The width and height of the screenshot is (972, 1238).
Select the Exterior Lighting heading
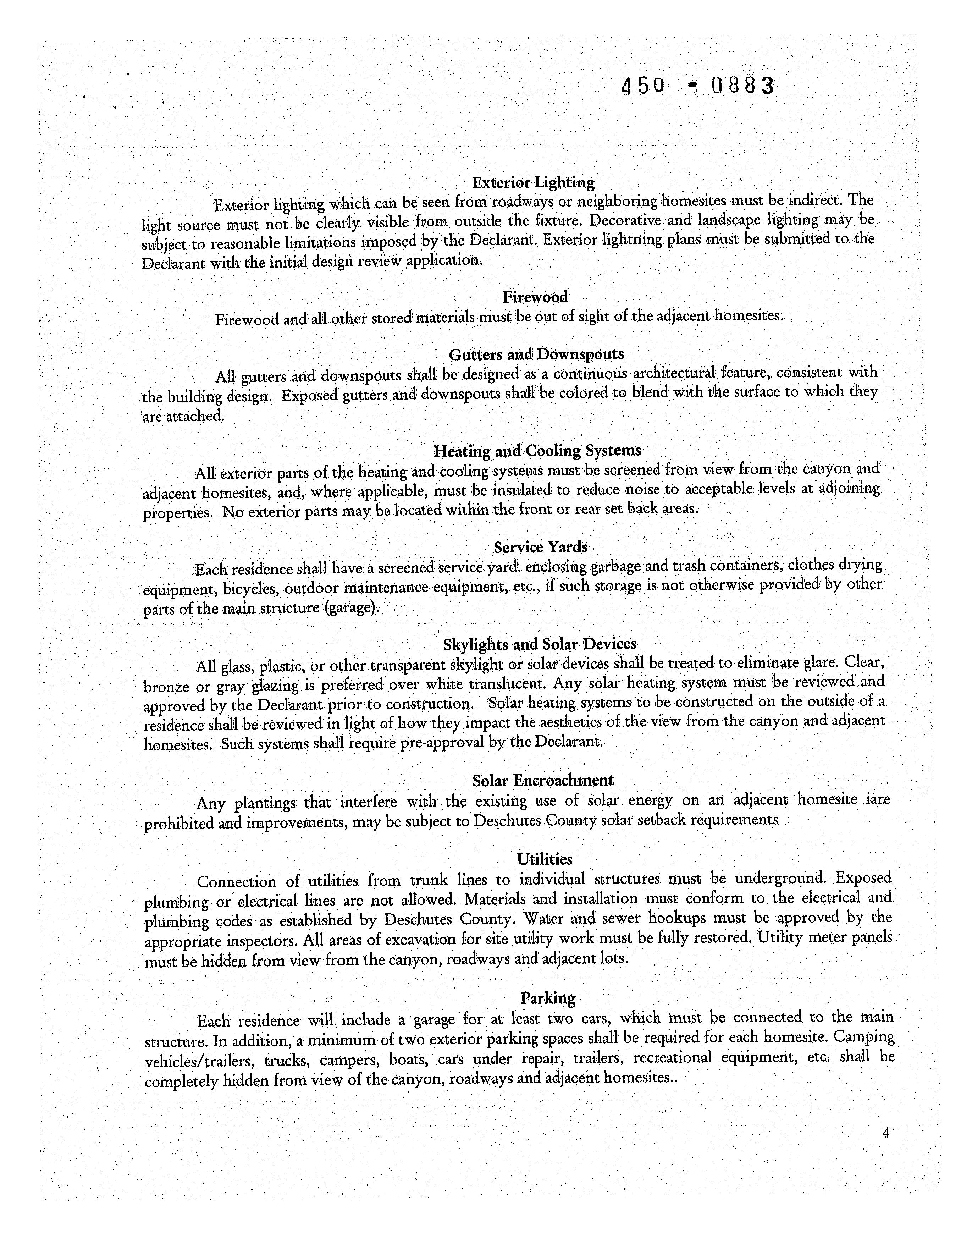click(x=533, y=183)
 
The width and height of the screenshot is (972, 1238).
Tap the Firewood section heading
click(x=535, y=297)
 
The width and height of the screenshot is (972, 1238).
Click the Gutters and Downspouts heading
click(x=536, y=354)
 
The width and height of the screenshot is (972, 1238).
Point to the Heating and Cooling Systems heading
click(x=537, y=451)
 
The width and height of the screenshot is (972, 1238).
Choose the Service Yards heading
click(x=540, y=548)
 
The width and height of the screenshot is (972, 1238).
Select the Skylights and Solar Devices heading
click(x=540, y=644)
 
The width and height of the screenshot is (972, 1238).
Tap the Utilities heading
click(x=545, y=859)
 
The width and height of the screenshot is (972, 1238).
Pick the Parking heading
click(x=547, y=998)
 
